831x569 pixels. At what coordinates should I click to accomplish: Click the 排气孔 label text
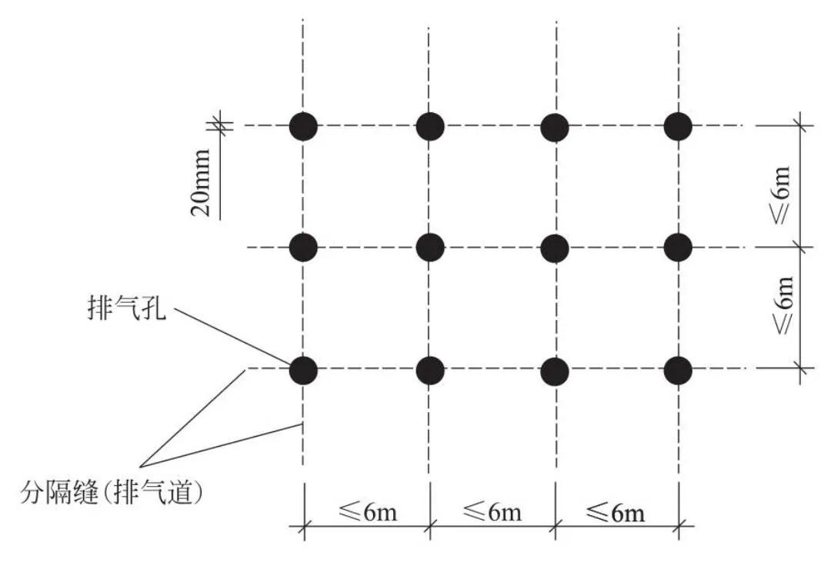[x=127, y=308]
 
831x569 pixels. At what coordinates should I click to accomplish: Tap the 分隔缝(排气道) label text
[x=112, y=491]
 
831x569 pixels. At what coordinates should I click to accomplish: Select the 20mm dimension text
[x=201, y=183]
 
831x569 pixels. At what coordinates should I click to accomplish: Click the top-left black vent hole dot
[x=304, y=127]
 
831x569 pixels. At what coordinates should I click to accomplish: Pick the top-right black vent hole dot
[x=678, y=127]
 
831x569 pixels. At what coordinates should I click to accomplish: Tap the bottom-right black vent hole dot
[x=678, y=370]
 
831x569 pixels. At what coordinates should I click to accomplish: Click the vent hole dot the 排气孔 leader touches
[x=304, y=370]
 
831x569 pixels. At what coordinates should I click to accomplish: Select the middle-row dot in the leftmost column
[x=304, y=248]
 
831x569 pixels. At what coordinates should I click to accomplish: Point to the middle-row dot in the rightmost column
[x=678, y=248]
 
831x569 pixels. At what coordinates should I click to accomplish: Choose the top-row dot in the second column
[x=430, y=127]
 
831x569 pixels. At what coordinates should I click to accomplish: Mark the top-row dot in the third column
[x=555, y=128]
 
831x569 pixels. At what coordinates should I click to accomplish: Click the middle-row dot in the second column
[x=430, y=248]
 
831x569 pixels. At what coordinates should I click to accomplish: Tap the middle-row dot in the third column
[x=555, y=248]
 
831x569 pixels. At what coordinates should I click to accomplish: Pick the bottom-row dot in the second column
[x=430, y=370]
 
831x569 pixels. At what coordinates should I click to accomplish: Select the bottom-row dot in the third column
[x=555, y=371]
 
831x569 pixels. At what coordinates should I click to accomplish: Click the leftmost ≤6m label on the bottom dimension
[x=368, y=512]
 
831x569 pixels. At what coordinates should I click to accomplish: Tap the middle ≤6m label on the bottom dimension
[x=492, y=512]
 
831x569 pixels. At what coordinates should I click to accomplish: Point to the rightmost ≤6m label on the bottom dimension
[x=616, y=513]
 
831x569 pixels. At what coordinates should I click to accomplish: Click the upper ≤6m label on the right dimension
[x=781, y=195]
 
